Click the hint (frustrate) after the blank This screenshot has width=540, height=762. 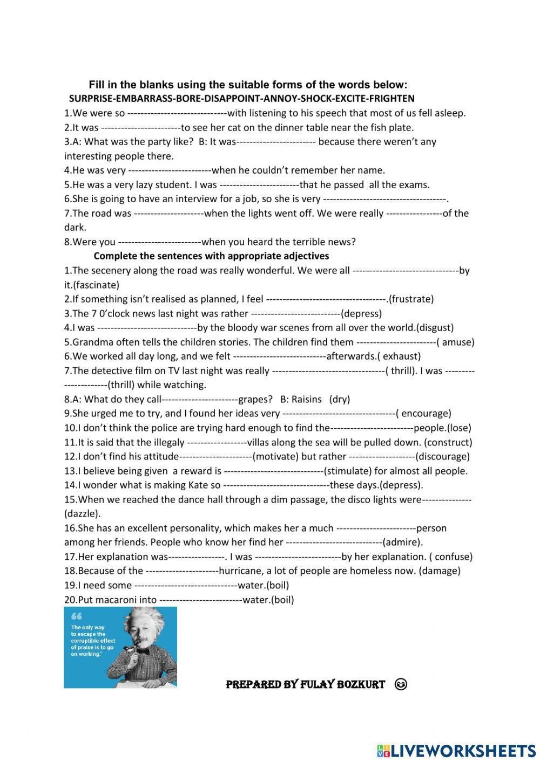pos(411,299)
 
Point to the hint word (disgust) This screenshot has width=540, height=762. pos(435,327)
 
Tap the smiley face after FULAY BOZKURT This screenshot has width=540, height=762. pos(401,685)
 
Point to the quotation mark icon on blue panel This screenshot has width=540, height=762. pos(77,616)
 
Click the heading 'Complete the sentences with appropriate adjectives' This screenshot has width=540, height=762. pos(211,256)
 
